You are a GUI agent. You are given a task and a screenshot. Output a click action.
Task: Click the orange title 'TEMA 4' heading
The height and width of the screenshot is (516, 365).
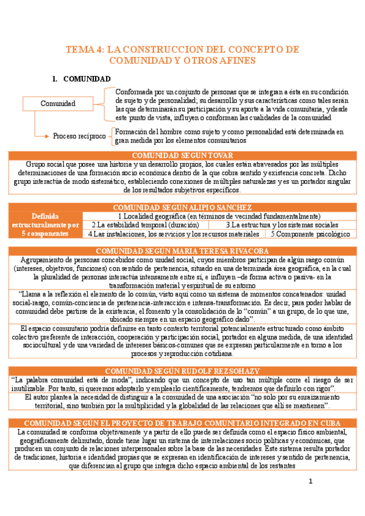(x=182, y=55)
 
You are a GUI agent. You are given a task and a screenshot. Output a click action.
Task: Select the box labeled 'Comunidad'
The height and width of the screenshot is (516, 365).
(x=58, y=103)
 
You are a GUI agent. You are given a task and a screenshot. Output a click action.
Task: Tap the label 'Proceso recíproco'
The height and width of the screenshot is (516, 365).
(x=79, y=136)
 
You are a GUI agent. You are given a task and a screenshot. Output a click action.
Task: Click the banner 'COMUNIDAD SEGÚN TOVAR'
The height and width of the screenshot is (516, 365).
(x=182, y=156)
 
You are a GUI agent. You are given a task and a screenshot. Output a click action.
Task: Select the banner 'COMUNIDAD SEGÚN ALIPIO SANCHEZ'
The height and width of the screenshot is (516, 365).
(x=182, y=207)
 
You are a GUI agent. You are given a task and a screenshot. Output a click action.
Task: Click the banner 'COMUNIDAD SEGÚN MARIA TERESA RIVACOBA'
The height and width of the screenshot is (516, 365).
(x=182, y=251)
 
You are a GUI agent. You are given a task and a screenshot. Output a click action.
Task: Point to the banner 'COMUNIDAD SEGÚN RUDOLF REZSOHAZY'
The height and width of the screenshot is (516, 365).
(x=182, y=371)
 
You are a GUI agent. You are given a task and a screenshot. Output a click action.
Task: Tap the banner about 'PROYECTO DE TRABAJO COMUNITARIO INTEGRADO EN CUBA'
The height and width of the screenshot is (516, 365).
(x=182, y=423)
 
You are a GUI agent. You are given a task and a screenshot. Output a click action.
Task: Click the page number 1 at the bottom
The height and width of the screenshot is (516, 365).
(x=310, y=482)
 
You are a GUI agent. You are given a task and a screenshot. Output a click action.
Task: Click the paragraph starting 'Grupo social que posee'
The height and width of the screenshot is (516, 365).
(x=182, y=177)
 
